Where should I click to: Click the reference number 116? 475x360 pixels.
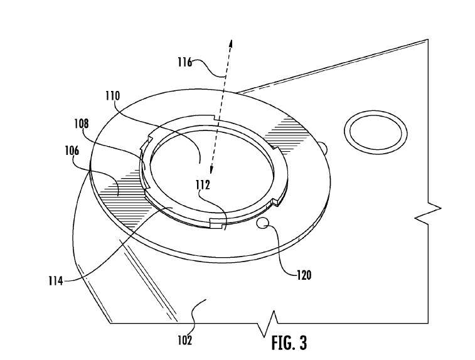click(x=184, y=62)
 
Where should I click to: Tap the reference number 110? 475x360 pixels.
click(x=113, y=96)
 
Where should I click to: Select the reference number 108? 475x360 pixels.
click(x=82, y=124)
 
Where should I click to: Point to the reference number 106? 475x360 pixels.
click(x=72, y=151)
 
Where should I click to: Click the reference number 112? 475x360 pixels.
click(x=203, y=184)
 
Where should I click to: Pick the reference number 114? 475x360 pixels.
click(x=56, y=281)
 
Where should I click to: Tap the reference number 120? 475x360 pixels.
click(x=304, y=275)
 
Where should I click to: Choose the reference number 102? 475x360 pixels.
click(x=184, y=341)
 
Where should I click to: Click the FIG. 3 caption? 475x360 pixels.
click(x=289, y=342)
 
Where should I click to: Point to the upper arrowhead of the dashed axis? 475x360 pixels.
click(x=230, y=44)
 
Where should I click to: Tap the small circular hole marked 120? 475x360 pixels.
click(x=262, y=223)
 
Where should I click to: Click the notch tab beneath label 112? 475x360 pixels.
click(x=217, y=223)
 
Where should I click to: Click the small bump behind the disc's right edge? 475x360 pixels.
click(x=324, y=147)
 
